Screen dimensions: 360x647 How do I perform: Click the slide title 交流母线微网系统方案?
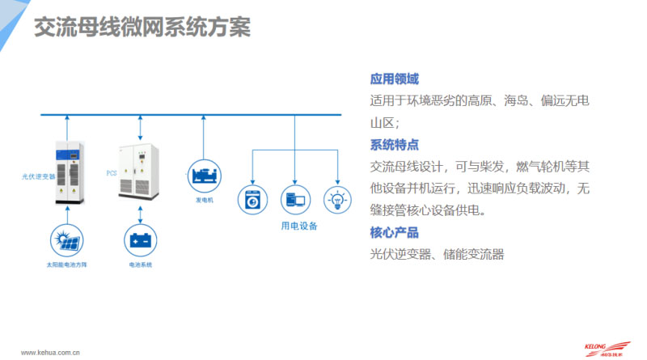142,28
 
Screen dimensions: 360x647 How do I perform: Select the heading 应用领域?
394,79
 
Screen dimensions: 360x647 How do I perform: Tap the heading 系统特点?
394,146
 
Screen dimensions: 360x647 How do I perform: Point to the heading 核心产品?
394,233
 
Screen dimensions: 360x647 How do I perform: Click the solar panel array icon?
65,240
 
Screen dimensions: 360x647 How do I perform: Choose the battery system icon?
141,240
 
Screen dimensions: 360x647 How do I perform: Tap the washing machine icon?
252,199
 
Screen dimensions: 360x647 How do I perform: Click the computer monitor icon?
296,199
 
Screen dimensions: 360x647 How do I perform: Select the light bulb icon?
339,199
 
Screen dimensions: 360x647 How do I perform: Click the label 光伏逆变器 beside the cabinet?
39,175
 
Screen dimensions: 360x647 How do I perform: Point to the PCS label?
112,173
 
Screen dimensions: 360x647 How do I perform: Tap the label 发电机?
204,200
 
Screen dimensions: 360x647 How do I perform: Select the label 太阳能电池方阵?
66,265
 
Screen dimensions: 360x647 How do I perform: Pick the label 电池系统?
141,265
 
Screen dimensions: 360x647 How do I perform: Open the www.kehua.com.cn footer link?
49,352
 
